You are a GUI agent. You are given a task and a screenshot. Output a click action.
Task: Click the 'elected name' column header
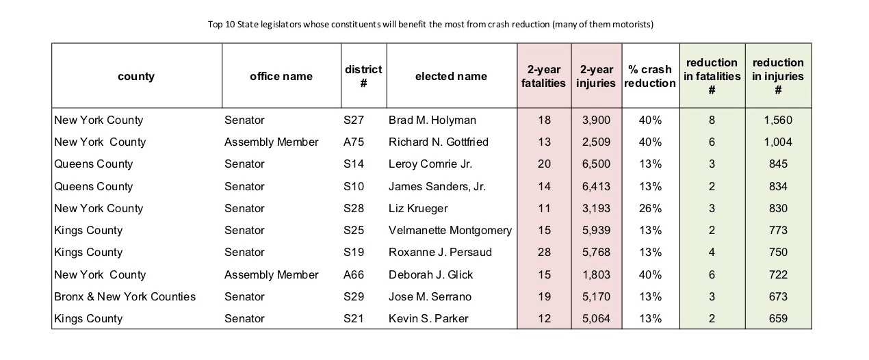(451, 76)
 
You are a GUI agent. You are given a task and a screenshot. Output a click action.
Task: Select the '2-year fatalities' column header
(543, 76)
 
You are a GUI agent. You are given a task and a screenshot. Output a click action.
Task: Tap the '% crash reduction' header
(650, 76)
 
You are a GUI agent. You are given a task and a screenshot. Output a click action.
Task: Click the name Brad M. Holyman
(432, 120)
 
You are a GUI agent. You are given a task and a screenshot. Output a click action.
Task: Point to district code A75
(354, 142)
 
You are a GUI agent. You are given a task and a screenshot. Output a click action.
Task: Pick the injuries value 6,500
(596, 164)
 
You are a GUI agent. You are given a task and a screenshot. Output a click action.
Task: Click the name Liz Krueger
(418, 209)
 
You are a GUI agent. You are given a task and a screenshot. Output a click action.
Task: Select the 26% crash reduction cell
(650, 209)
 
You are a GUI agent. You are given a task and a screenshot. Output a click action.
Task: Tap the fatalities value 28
(544, 252)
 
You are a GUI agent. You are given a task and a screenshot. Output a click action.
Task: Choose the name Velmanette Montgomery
(450, 231)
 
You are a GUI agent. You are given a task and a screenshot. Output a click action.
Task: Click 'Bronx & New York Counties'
(125, 297)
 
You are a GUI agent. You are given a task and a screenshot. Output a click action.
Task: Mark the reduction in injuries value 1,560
(778, 120)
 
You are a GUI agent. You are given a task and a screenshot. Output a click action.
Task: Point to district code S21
(354, 319)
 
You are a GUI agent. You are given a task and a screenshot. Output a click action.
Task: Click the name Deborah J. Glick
(430, 275)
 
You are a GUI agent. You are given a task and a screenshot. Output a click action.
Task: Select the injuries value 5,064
(596, 319)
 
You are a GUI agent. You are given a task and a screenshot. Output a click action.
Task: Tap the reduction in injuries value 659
(778, 319)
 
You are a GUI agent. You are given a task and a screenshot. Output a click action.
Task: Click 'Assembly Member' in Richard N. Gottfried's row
(271, 142)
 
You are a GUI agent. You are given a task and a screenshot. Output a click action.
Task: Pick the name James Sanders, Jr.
(437, 187)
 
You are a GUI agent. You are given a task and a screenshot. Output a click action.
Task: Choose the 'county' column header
(136, 77)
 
